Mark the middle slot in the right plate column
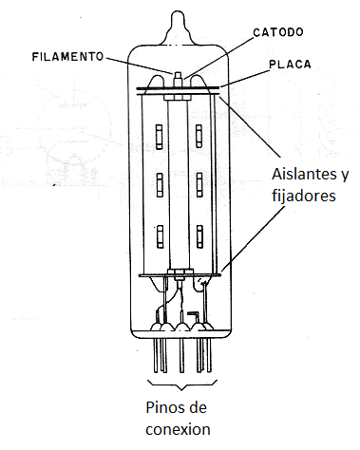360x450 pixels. tap(199, 180)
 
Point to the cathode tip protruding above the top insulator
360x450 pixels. tap(178, 75)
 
